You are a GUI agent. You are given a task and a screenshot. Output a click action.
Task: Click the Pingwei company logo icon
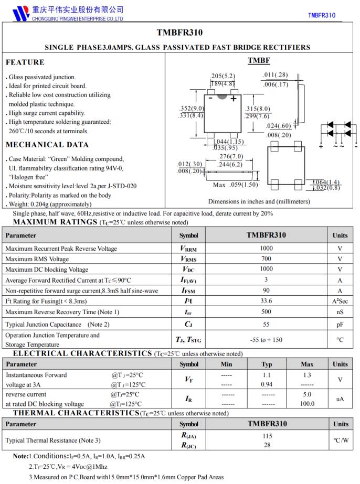pyautogui.click(x=20, y=13)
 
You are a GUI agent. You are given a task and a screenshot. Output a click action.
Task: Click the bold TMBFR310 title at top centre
pyautogui.click(x=179, y=33)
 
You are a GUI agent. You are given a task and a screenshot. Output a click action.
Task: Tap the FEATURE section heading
pyautogui.click(x=25, y=62)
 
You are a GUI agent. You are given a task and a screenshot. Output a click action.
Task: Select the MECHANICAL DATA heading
pyautogui.click(x=47, y=145)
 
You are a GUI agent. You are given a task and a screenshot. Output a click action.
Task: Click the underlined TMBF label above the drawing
pyautogui.click(x=259, y=61)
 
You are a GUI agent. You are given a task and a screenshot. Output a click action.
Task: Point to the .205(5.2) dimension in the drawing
pyautogui.click(x=223, y=76)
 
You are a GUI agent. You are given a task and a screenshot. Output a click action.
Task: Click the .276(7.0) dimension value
pyautogui.click(x=231, y=156)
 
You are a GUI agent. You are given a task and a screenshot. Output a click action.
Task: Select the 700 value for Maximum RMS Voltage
pyautogui.click(x=266, y=259)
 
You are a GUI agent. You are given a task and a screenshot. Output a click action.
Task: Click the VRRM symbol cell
pyautogui.click(x=188, y=249)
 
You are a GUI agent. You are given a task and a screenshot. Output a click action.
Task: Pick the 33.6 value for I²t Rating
pyautogui.click(x=266, y=301)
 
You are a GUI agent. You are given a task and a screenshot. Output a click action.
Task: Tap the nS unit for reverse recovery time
pyautogui.click(x=340, y=312)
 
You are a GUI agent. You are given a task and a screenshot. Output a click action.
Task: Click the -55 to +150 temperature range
pyautogui.click(x=266, y=340)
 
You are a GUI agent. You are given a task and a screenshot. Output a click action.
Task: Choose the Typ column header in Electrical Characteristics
pyautogui.click(x=267, y=364)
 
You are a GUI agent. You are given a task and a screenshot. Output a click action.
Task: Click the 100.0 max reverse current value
pyautogui.click(x=307, y=404)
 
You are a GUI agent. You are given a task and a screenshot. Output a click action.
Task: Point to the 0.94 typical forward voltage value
pyautogui.click(x=267, y=384)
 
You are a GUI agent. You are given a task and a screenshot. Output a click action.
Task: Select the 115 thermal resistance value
pyautogui.click(x=266, y=435)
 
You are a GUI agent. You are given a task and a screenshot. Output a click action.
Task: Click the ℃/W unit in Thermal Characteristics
pyautogui.click(x=340, y=440)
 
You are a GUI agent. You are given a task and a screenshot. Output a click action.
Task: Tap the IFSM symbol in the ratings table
pyautogui.click(x=188, y=291)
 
